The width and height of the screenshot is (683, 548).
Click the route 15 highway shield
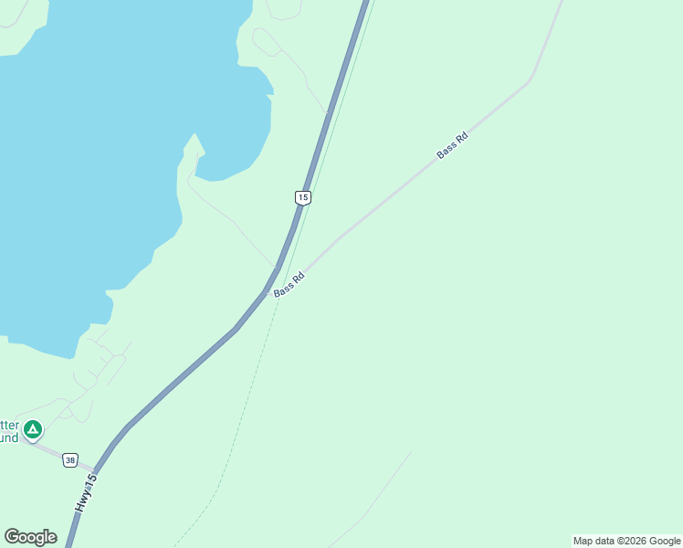pyautogui.click(x=303, y=197)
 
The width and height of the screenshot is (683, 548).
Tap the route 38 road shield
pyautogui.click(x=70, y=460)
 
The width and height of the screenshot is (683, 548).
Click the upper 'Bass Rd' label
pyautogui.click(x=452, y=145)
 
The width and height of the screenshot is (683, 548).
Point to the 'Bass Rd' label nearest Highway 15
pyautogui.click(x=289, y=284)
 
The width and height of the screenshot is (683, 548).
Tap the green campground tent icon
pyautogui.click(x=33, y=428)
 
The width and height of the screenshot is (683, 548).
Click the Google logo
pyautogui.click(x=30, y=537)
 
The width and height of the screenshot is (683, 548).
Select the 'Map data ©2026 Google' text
pyautogui.click(x=626, y=541)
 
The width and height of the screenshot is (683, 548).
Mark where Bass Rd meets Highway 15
pyautogui.click(x=269, y=293)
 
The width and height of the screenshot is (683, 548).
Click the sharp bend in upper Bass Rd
pyautogui.click(x=528, y=83)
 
